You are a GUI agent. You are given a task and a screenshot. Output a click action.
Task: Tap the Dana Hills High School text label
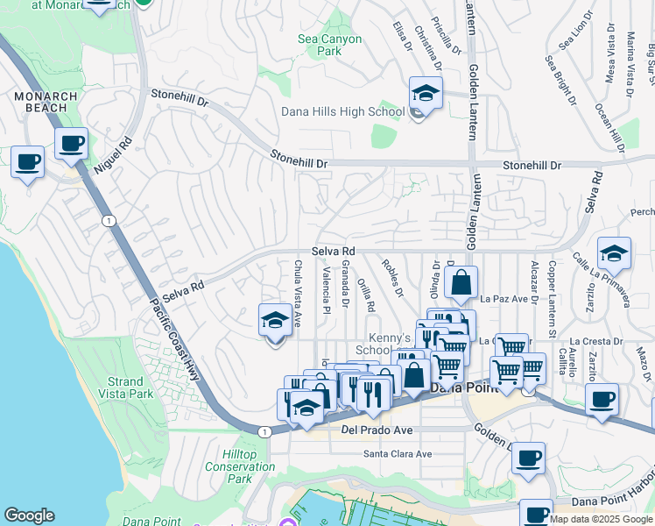pos(342,111)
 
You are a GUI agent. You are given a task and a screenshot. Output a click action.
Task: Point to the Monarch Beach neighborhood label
pos(45,102)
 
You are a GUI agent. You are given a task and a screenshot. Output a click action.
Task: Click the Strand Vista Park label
pos(126,387)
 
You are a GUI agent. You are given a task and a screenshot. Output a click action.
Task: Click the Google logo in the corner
pos(29,515)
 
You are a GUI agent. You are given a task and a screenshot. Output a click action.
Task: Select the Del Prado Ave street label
pos(376,430)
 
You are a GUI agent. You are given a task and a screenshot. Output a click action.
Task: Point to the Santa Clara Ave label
pos(398,454)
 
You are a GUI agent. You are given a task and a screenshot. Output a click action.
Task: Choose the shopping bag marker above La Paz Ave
pos(461,283)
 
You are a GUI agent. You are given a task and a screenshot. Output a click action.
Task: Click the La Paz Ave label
pos(510,299)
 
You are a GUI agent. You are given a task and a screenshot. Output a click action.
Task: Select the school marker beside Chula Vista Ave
pos(275,321)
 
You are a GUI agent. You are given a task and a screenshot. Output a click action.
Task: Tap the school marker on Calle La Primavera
pos(614,253)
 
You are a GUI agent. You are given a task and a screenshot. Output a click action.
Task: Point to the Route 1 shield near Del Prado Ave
pos(264,430)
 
